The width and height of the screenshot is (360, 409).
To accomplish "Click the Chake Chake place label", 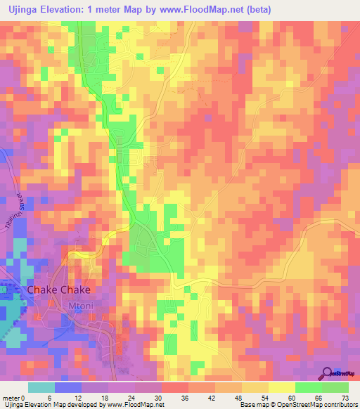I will (58, 290).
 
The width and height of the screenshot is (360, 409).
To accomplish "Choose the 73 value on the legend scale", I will (344, 397).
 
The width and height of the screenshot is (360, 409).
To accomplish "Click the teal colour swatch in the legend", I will (41, 387).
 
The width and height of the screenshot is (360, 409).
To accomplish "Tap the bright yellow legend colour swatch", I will (282, 387).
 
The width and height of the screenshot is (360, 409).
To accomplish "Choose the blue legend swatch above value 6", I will (68, 387).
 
